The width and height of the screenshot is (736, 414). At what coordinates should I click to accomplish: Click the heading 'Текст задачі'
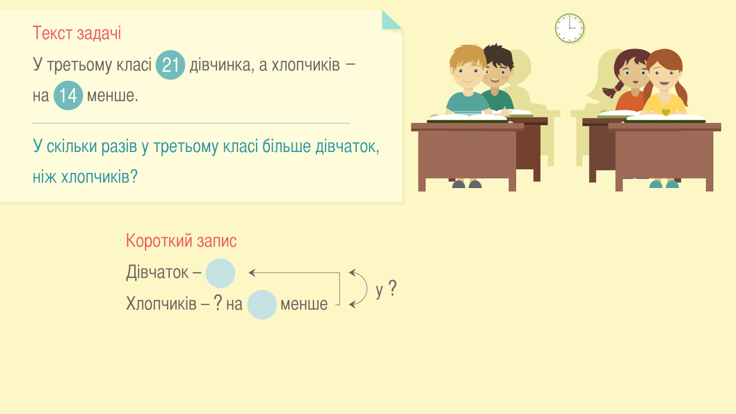point(77,33)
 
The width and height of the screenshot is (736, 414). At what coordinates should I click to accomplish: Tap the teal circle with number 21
point(170,65)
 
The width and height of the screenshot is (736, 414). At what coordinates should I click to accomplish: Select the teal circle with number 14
point(68,95)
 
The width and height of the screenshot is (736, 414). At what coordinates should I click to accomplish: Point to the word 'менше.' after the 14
point(113,96)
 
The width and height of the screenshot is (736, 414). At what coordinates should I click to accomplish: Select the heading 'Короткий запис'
point(182,241)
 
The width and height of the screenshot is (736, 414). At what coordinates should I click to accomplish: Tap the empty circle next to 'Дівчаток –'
point(220,273)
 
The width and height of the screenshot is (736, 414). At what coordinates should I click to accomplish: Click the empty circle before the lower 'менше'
point(262,305)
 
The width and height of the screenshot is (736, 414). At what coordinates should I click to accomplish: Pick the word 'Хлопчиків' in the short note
point(161,303)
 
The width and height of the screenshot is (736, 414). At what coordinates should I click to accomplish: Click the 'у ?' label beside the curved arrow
point(386,289)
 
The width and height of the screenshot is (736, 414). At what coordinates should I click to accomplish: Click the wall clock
point(570,28)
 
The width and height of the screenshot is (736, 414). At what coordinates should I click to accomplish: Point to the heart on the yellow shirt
point(665,112)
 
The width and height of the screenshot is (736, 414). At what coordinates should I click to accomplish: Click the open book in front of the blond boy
point(468,118)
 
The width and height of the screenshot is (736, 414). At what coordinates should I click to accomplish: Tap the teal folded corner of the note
point(392,20)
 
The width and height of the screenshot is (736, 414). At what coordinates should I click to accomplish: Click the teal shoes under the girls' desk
point(664,184)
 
